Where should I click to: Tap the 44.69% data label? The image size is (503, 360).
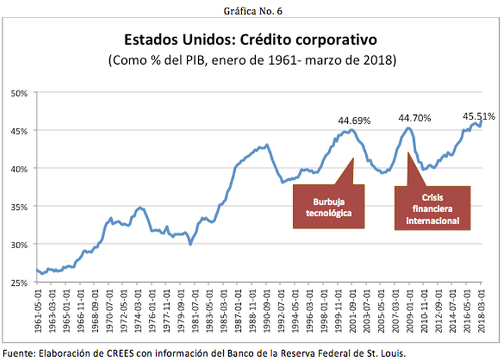[x=355, y=120]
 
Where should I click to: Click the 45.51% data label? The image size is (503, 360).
[x=478, y=116]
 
